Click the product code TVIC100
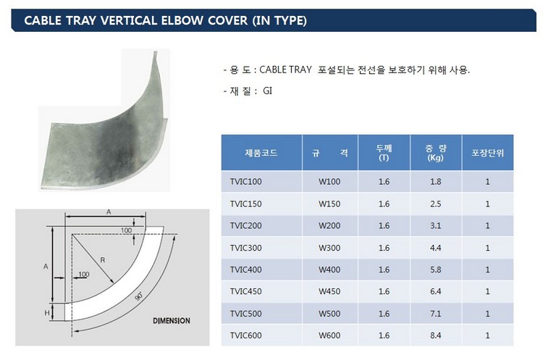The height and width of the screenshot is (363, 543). click(246, 182)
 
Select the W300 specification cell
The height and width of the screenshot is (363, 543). click(329, 248)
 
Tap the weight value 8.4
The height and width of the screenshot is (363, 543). click(436, 335)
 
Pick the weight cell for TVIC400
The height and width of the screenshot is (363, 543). click(436, 270)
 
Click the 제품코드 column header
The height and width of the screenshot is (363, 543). click(261, 153)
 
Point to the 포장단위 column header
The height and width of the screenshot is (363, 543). click(487, 153)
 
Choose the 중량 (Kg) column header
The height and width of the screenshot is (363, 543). click(436, 153)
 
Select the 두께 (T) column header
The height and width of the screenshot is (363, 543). click(384, 153)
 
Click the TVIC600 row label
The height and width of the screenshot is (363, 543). click(246, 335)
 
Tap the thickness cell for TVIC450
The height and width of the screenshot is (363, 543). click(384, 291)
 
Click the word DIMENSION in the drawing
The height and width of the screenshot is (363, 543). click(172, 321)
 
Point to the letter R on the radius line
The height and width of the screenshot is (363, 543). click(103, 260)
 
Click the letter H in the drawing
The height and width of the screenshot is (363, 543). click(47, 313)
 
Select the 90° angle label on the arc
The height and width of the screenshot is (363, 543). click(139, 296)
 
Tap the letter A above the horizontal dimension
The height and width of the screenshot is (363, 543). click(109, 212)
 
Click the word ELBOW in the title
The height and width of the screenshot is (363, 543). click(182, 20)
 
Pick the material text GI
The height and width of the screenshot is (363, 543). click(268, 91)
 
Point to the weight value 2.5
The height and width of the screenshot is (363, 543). click(436, 204)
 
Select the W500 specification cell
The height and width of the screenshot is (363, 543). click(329, 314)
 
